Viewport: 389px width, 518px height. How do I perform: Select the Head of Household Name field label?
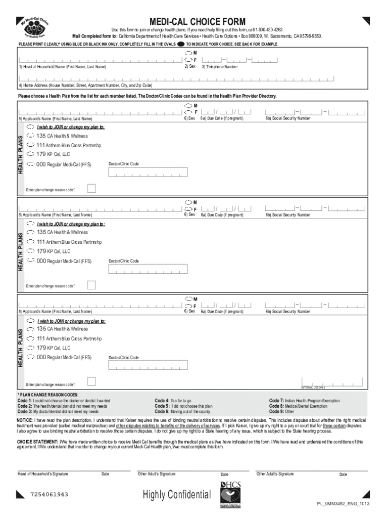pos(63,67)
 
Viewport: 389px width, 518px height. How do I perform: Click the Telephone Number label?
pos(220,67)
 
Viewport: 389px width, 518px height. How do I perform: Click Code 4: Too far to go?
pos(173,401)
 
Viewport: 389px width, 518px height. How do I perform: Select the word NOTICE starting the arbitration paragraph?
pos(25,420)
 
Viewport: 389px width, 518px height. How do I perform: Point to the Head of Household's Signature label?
pos(43,474)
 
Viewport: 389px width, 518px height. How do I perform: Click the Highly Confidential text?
pos(177,494)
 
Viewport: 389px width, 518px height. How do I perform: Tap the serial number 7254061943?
pos(50,494)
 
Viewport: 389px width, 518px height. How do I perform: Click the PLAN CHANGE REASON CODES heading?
pos(48,395)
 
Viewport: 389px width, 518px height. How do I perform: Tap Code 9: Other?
pos(281,412)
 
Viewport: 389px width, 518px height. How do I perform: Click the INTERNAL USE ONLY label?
pos(313,387)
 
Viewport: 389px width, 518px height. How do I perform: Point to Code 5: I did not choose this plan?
pos(184,406)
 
